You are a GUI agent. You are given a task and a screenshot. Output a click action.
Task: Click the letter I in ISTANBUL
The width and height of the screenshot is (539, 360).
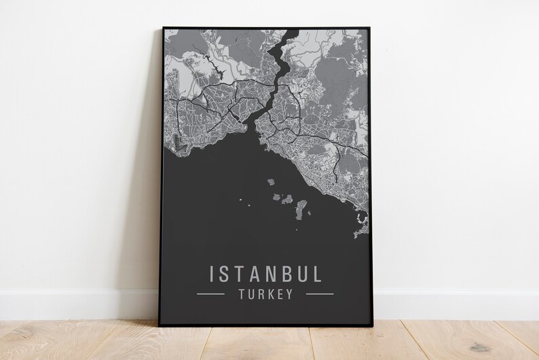point(214,274)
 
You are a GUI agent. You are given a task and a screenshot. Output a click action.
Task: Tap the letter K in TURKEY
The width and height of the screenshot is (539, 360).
point(268,294)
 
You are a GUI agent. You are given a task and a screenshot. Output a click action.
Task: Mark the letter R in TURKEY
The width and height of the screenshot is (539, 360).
point(259,294)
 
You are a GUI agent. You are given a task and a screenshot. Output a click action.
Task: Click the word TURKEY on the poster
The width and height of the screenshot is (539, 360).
point(265,294)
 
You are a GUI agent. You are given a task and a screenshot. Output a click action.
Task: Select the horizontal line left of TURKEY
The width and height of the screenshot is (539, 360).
point(210,294)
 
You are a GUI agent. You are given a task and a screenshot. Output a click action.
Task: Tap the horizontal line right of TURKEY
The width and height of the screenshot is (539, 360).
point(320,294)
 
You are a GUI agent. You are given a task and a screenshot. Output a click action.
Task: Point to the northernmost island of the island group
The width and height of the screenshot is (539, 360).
point(270,181)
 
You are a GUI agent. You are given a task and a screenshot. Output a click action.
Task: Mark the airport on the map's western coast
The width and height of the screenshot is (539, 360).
point(182,141)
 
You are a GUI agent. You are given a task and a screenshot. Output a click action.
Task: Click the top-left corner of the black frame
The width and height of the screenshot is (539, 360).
point(164,28)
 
